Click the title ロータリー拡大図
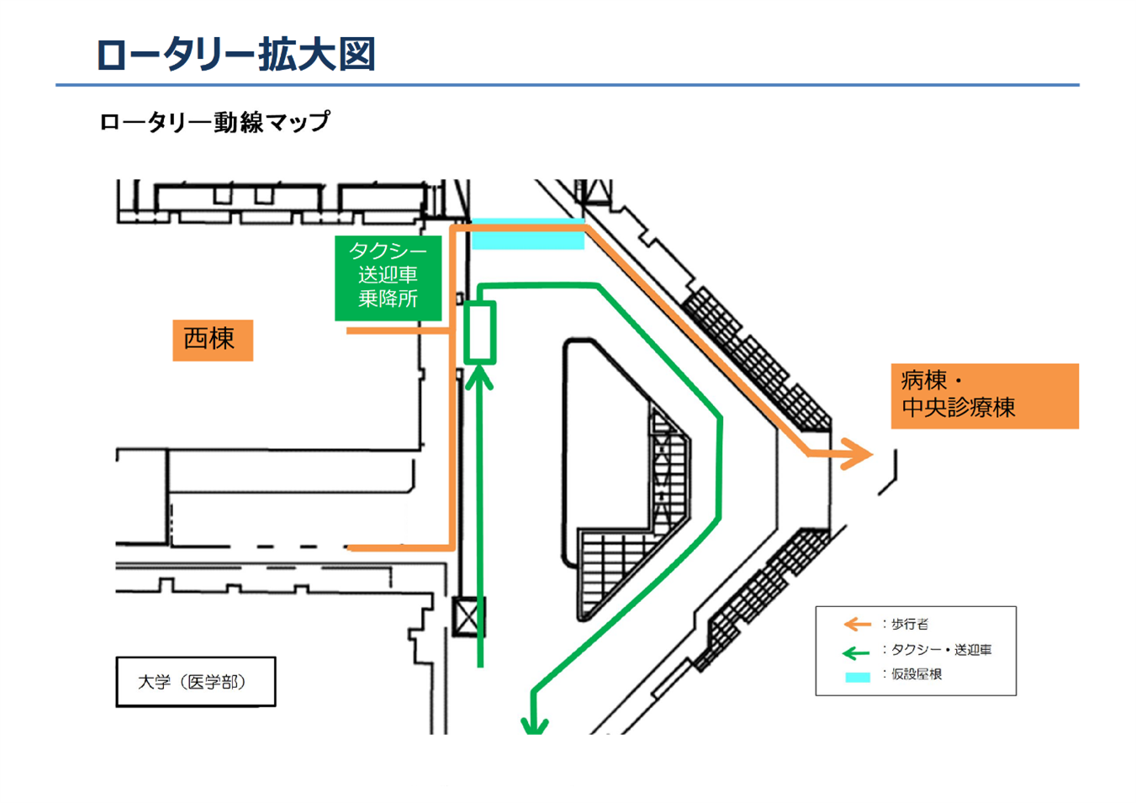click(x=235, y=55)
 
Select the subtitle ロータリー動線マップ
click(x=214, y=122)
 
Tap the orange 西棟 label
click(x=212, y=340)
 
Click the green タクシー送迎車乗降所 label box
click(x=388, y=277)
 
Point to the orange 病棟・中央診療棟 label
click(x=984, y=395)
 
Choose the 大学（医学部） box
click(x=195, y=681)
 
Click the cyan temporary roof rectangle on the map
click(x=527, y=235)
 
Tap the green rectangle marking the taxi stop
click(x=480, y=333)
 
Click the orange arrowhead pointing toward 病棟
click(x=859, y=454)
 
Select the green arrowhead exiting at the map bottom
click(x=534, y=724)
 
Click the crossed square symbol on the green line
click(x=468, y=616)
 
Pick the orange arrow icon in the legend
click(x=857, y=624)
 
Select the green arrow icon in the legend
click(x=856, y=652)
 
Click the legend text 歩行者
click(x=910, y=624)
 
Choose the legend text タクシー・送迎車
click(x=941, y=650)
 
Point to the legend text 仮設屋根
click(x=917, y=674)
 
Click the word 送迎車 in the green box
click(x=388, y=275)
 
